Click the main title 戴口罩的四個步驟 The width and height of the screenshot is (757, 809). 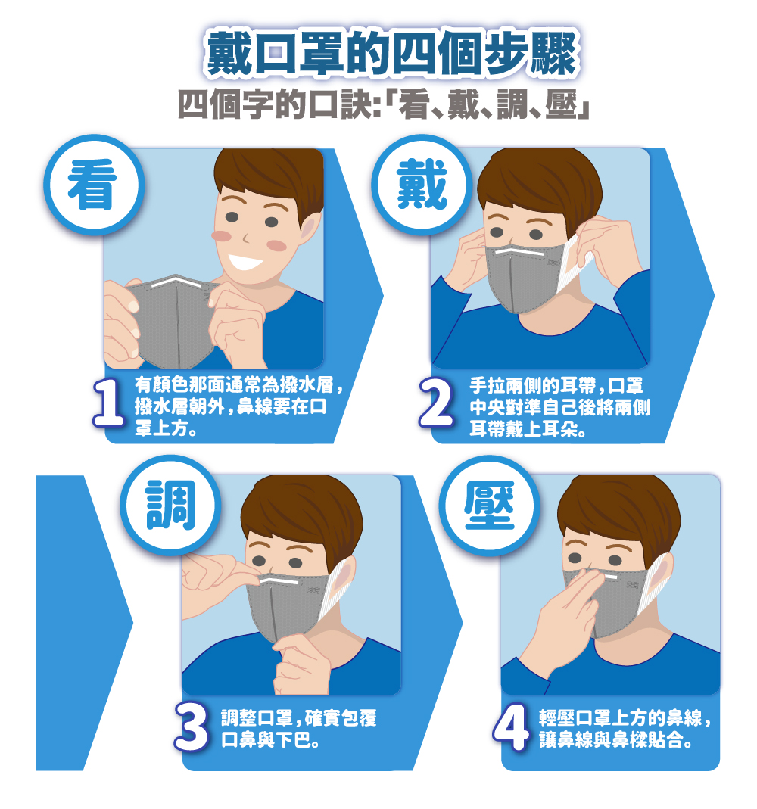[x=391, y=53]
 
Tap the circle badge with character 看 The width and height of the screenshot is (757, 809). [x=93, y=185]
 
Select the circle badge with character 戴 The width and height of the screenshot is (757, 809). [x=422, y=185]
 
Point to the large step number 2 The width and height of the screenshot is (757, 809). [x=437, y=403]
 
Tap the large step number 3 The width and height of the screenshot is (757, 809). [x=192, y=727]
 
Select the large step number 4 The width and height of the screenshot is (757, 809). [x=511, y=727]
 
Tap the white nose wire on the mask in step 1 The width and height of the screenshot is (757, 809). [x=176, y=282]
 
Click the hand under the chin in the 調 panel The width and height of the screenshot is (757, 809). [x=302, y=664]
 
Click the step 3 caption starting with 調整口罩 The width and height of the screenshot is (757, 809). [x=299, y=729]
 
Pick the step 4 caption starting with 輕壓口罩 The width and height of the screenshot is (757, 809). [x=625, y=729]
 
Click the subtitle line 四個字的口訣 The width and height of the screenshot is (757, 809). [x=383, y=104]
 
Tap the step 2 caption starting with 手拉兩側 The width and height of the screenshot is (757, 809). [x=559, y=407]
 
